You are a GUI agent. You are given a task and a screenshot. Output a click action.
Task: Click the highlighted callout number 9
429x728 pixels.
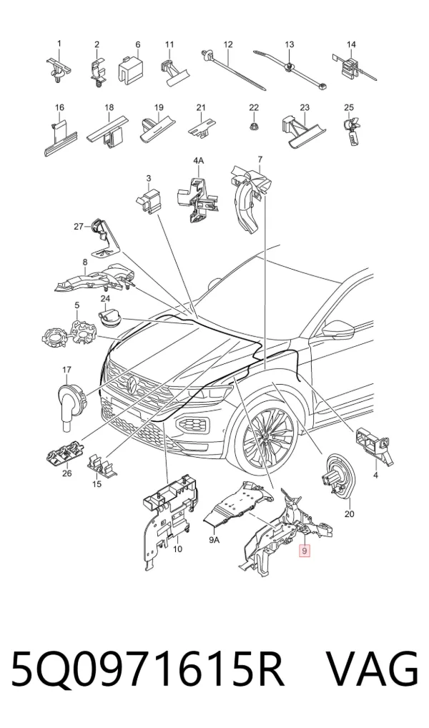(x=304, y=551)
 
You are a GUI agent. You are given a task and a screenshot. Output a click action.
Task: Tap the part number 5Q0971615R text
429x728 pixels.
(x=147, y=670)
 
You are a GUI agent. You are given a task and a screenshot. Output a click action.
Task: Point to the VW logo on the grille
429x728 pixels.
(x=132, y=383)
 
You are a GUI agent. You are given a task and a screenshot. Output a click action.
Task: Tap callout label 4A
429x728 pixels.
(x=198, y=161)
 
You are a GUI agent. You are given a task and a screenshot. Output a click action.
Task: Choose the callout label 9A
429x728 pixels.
(x=214, y=539)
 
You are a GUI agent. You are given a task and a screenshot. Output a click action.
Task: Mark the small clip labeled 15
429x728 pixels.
(x=102, y=464)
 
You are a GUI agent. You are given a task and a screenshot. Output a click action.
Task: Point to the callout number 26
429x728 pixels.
(x=67, y=473)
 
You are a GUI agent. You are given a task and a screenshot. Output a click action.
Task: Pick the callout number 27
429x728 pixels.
(x=79, y=227)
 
